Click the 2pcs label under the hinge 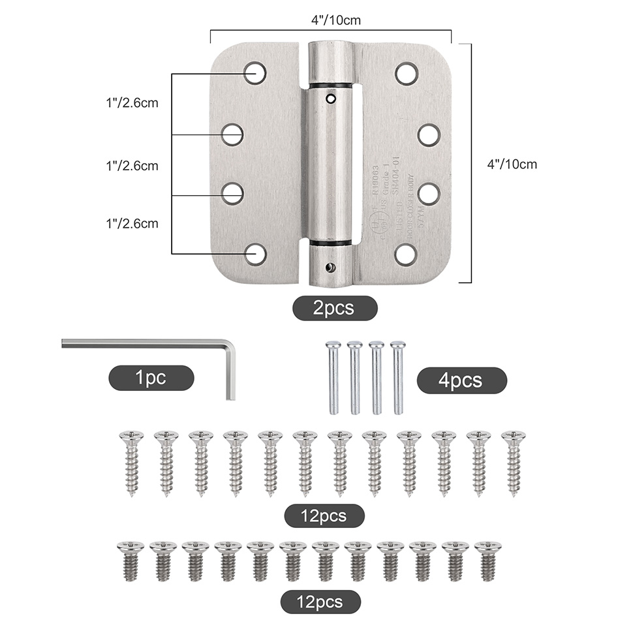334,308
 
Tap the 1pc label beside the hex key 151,378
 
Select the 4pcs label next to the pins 461,380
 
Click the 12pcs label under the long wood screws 324,516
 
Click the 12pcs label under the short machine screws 320,601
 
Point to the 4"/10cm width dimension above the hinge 335,20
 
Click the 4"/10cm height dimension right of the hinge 512,164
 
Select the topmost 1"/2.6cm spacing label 132,102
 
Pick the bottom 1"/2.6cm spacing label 132,223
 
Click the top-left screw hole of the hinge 255,72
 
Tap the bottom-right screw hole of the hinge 406,254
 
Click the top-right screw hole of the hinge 407,73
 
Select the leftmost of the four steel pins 333,377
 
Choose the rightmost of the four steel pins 397,377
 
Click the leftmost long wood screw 131,462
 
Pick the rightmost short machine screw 487,560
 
